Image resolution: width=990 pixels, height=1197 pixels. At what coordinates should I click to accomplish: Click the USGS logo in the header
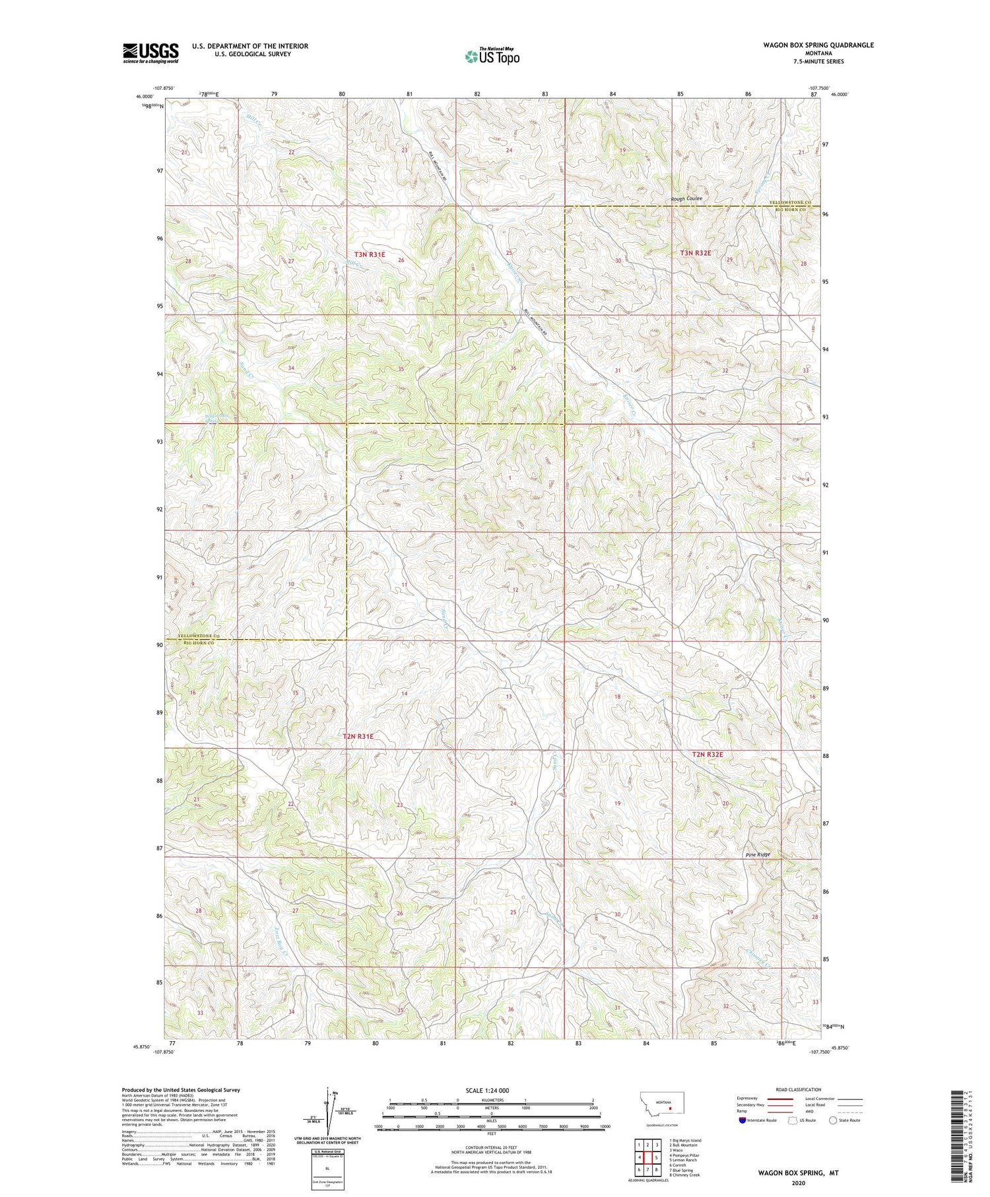[x=150, y=53]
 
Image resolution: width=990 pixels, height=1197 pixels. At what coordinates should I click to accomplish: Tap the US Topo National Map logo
[x=492, y=57]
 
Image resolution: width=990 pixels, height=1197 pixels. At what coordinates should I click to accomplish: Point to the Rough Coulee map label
[x=686, y=199]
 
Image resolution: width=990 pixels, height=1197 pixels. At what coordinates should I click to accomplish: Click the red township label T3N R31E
[x=370, y=254]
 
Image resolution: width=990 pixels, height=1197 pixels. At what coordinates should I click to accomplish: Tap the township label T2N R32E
[x=708, y=754]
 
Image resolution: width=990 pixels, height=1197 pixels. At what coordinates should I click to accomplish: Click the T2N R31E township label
[x=358, y=736]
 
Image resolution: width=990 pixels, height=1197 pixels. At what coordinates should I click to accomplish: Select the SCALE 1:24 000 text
[x=491, y=1090]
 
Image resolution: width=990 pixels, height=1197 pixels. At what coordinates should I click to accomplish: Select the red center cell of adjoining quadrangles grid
[x=647, y=1157]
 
